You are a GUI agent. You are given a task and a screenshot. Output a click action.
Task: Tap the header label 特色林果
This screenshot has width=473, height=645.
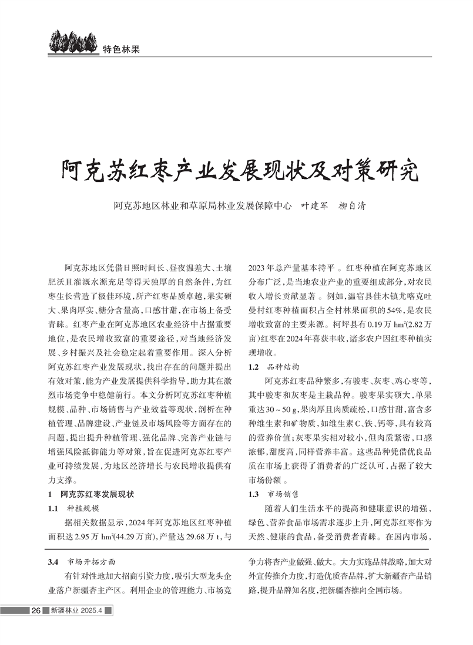pos(120,49)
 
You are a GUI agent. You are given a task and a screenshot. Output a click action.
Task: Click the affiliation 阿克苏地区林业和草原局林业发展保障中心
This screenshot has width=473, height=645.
pos(203,206)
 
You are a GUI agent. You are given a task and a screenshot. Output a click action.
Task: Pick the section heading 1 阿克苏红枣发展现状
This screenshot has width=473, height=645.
pos(92,494)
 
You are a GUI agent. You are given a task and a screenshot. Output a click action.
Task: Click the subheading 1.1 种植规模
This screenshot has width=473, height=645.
pos(74,508)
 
